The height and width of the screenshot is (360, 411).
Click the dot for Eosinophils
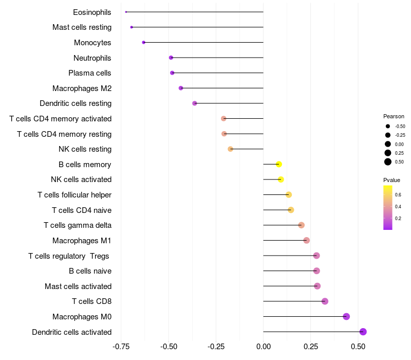coord(126,12)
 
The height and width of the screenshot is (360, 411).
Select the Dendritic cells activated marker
coord(363,332)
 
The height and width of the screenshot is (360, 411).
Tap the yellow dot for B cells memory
coord(279,165)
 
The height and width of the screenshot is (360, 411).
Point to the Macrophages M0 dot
coord(346,316)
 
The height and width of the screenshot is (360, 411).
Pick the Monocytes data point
coord(143,42)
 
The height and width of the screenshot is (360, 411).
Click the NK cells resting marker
coord(230,149)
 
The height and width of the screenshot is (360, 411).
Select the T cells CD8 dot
coord(325,301)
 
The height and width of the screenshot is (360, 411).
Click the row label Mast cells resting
coord(82,27)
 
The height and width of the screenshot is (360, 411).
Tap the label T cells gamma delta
coord(78,225)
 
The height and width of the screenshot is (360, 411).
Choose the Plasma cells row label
coord(90,73)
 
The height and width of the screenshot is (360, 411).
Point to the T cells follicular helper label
coord(74,195)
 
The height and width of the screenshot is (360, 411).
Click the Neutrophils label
coord(92,58)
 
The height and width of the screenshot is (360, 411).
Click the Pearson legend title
coord(394,116)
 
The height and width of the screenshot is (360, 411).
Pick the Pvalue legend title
coord(391,180)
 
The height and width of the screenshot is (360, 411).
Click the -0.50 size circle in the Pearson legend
coord(388,126)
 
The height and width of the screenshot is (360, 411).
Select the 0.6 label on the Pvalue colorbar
coord(398,194)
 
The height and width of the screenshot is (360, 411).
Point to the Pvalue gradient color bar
coord(388,207)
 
